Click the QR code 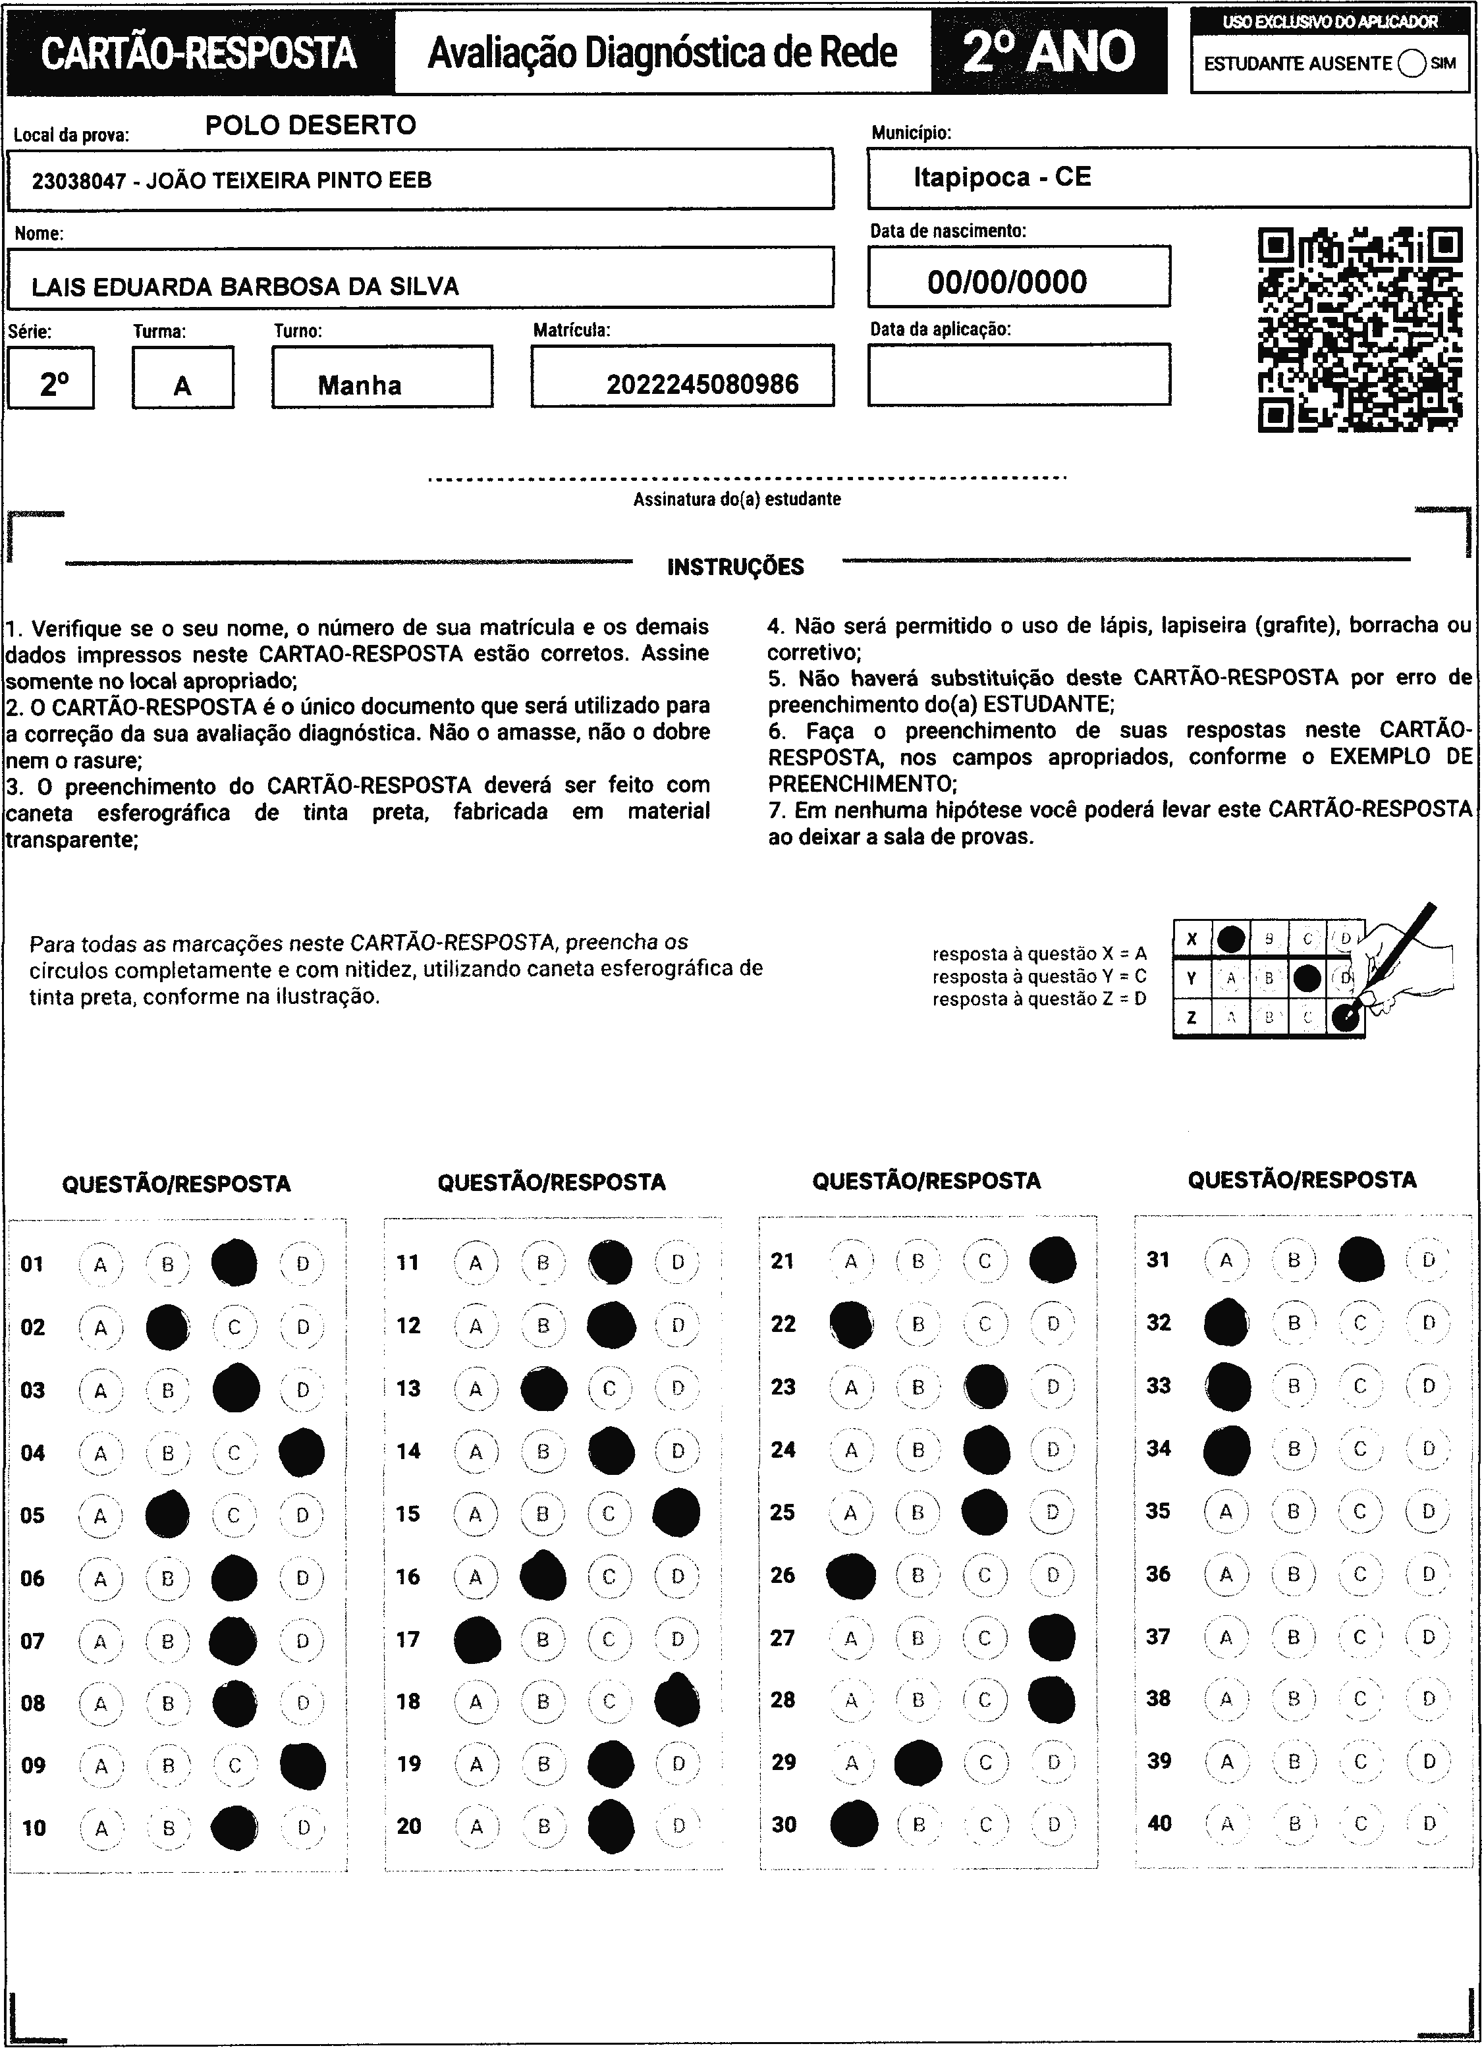1359,329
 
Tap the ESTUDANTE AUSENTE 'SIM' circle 1411,63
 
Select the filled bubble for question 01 234,1263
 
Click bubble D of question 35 1429,1510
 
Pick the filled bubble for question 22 851,1325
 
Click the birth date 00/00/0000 1007,282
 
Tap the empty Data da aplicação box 1019,374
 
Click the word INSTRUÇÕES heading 735,567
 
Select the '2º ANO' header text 1049,51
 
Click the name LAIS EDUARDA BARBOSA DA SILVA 245,287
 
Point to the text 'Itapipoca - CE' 1002,177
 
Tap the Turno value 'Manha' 360,385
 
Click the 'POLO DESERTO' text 311,125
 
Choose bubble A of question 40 1226,1823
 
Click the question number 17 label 408,1639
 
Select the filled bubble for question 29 918,1761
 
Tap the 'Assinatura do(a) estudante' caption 737,499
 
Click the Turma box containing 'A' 182,377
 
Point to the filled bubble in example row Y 1307,977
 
